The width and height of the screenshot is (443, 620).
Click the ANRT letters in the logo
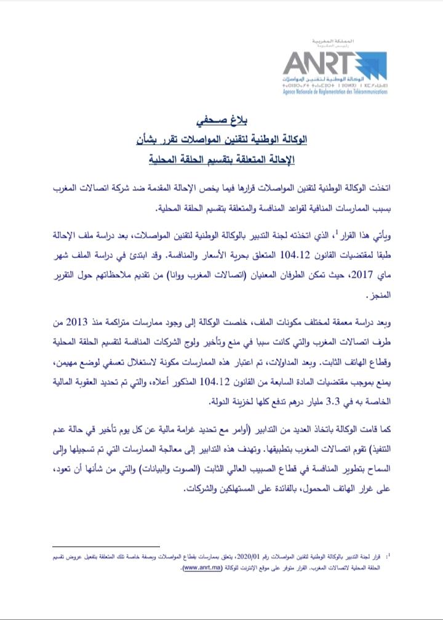coord(317,63)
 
